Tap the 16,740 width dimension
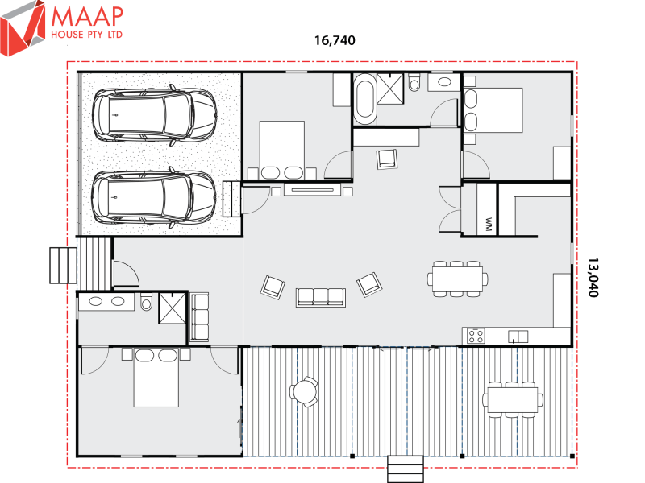point(334,39)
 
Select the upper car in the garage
point(154,112)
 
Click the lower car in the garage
point(154,196)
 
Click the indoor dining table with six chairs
point(457,279)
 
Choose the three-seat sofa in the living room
point(321,296)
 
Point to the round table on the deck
point(305,392)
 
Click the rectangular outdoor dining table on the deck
point(512,398)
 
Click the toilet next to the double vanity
point(147,303)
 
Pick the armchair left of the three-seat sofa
point(273,286)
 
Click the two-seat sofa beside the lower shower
point(198,317)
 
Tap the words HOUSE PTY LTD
point(86,36)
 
